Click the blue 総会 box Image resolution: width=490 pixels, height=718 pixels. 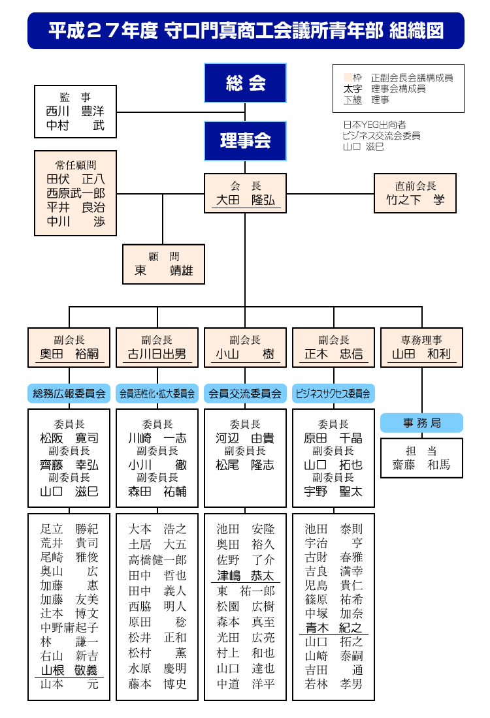(245, 83)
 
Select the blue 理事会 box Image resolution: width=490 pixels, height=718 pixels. (245, 140)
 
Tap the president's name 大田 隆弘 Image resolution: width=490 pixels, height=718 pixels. (245, 201)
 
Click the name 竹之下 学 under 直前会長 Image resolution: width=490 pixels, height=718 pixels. (415, 200)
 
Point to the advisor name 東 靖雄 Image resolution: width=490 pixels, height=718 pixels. (163, 270)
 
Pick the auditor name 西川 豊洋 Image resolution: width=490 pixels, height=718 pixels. (75, 112)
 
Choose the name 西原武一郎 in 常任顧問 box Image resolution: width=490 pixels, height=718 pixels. (75, 193)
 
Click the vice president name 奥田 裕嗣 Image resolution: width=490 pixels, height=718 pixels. (69, 354)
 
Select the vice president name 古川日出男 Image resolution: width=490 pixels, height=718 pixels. (157, 354)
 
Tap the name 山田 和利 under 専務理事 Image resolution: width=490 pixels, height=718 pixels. (421, 354)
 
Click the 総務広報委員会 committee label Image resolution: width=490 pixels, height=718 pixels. (69, 394)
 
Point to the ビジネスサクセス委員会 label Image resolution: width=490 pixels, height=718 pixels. (333, 394)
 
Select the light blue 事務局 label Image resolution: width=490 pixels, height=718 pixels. (421, 423)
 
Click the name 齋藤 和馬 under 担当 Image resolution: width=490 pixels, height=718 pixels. (421, 465)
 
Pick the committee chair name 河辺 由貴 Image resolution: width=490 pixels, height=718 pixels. (245, 438)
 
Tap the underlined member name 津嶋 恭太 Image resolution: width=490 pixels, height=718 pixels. (245, 576)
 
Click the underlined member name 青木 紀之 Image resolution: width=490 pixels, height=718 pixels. (333, 628)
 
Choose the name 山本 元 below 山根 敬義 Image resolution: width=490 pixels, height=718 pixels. (69, 684)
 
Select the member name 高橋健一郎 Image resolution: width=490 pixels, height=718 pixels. (157, 560)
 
